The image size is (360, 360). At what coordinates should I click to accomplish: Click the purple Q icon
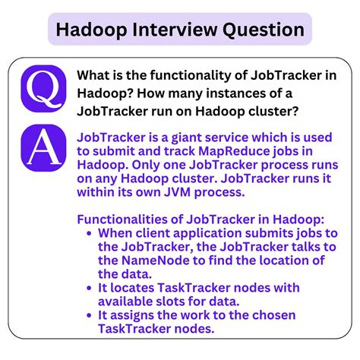(43, 88)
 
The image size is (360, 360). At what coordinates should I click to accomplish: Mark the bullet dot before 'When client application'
(92, 234)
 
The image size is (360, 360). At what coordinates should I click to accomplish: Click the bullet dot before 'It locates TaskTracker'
(92, 289)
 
